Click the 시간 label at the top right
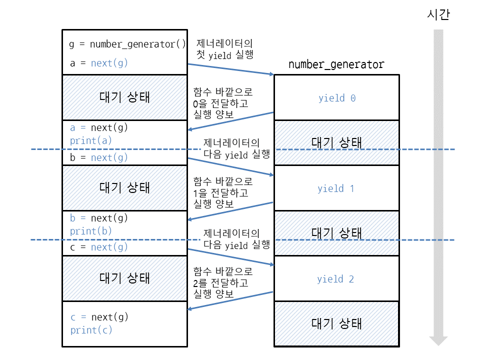(438, 14)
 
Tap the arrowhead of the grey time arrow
(438, 340)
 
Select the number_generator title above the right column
(336, 64)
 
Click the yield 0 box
(336, 97)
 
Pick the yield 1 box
(336, 188)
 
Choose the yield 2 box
(336, 279)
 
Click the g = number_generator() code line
(127, 44)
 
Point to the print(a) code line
(91, 141)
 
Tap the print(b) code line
(91, 231)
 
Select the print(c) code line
(91, 330)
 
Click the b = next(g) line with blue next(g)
(98, 157)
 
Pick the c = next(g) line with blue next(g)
(98, 247)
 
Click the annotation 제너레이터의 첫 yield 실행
(224, 49)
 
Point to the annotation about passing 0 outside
(223, 103)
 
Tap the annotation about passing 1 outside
(223, 192)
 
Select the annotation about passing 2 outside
(223, 282)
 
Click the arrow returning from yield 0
(230, 121)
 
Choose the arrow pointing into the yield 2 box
(231, 257)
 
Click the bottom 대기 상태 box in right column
(336, 324)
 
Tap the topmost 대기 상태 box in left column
(125, 97)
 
